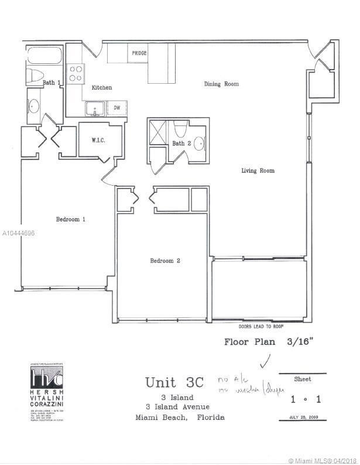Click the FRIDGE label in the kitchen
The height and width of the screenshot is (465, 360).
coord(139,53)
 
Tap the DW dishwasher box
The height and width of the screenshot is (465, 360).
coord(117,108)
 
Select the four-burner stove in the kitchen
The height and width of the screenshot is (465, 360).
coord(76,73)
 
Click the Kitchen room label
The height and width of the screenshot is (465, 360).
coord(101,88)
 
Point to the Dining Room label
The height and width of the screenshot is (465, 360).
coord(221,84)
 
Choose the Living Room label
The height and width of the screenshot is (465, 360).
coord(258,171)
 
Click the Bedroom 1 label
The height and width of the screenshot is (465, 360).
coord(71,220)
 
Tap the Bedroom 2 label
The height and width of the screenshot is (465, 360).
coord(164,261)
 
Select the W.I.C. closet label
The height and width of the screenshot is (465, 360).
coord(98,141)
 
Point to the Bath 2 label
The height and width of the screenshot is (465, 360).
coord(181,143)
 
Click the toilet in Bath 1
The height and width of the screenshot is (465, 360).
coord(34,77)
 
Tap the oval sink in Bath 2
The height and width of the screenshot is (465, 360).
coord(199,142)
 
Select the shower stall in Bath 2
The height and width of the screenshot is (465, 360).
coord(158,129)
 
